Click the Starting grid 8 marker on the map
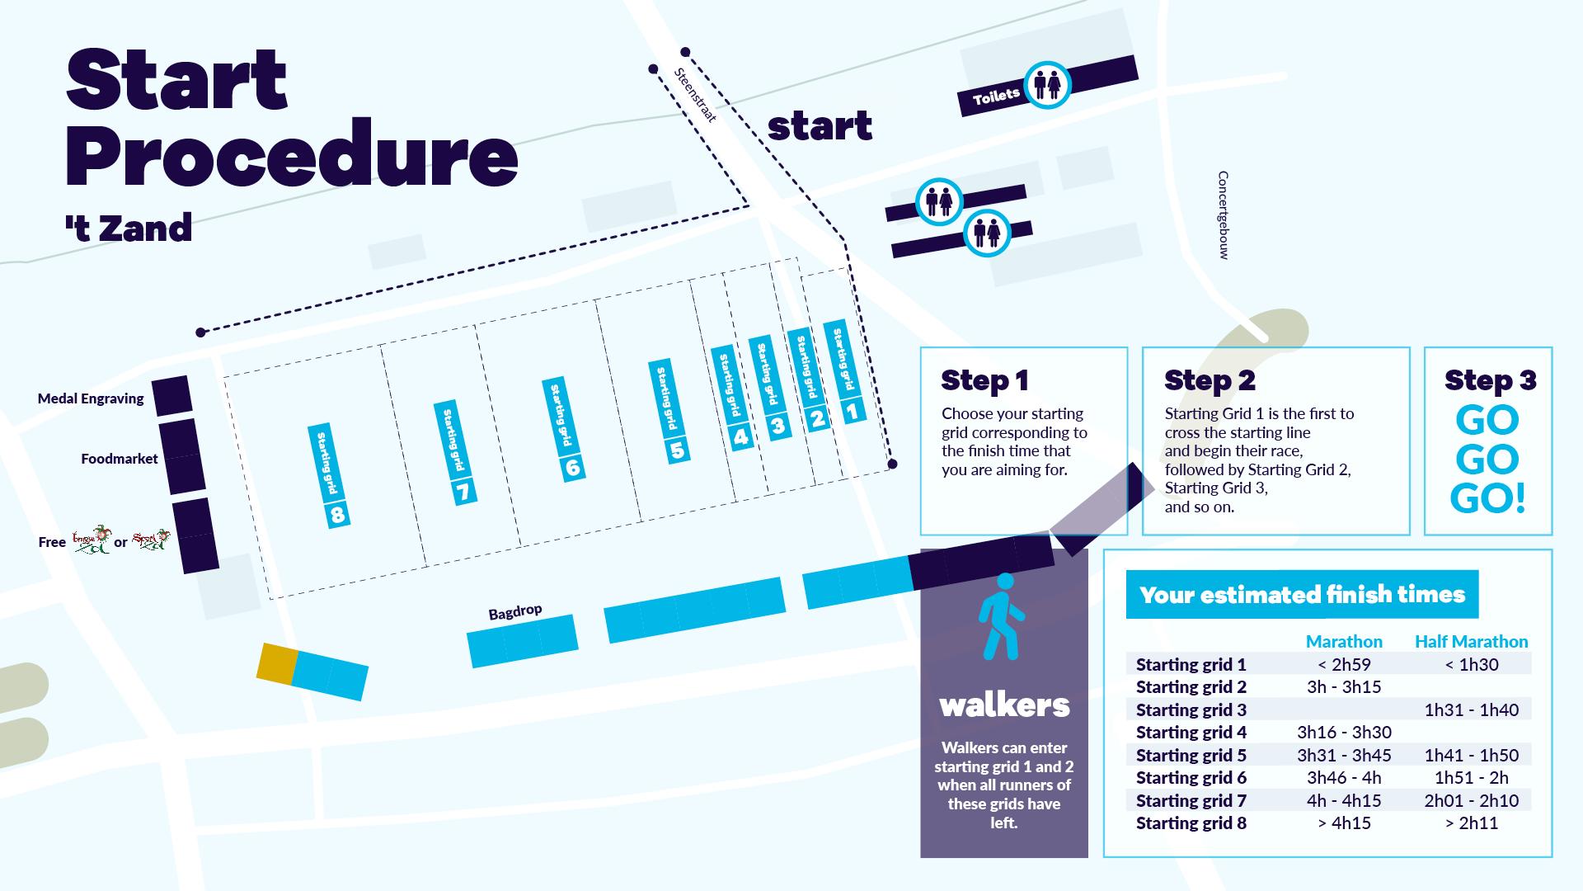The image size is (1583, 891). click(329, 476)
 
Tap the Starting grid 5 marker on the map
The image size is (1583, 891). click(669, 410)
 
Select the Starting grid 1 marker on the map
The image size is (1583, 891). click(845, 370)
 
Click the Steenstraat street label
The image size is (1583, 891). click(695, 95)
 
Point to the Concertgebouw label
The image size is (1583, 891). click(1224, 215)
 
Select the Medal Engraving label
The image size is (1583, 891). click(91, 399)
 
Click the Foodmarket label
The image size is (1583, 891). click(120, 459)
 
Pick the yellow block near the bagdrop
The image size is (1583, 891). click(276, 662)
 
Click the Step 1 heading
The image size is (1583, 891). click(984, 380)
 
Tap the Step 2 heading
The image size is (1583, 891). click(1210, 380)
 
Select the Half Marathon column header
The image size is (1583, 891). click(1471, 641)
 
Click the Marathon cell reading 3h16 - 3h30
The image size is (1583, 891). click(1344, 733)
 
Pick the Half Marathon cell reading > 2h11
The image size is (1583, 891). click(1472, 823)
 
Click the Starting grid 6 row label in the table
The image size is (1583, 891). click(1191, 778)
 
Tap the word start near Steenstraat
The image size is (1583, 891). click(820, 127)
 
